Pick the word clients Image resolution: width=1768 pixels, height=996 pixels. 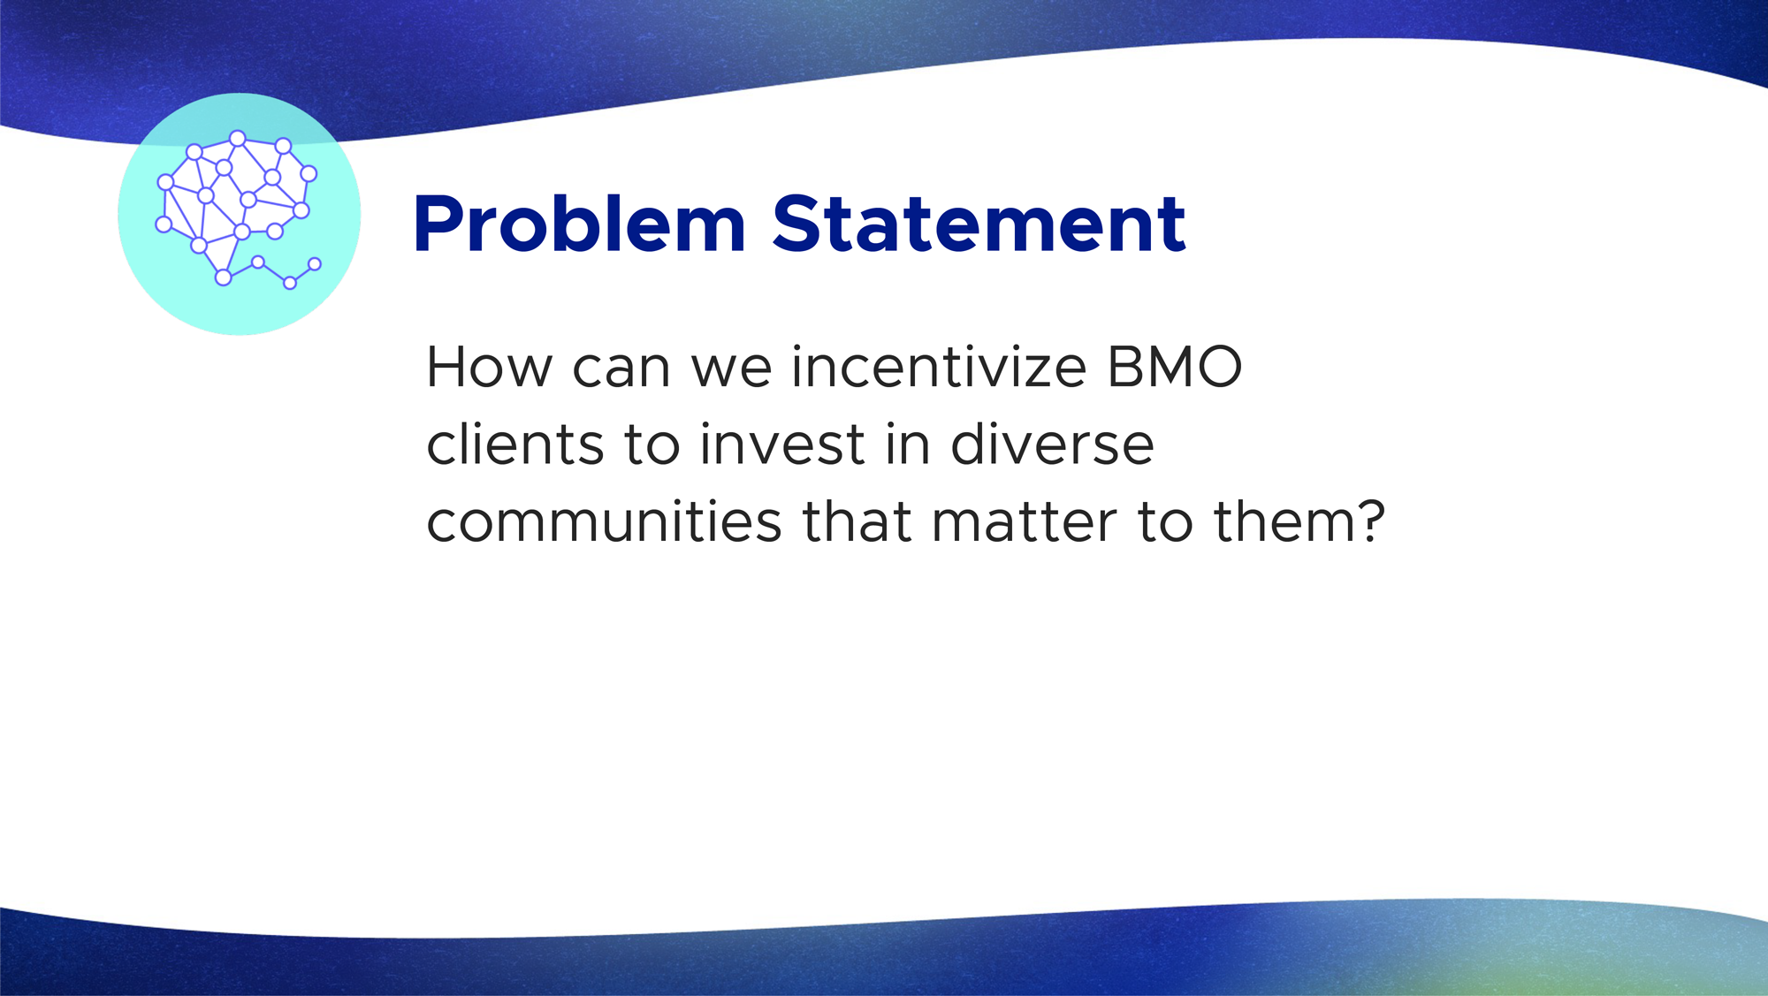(516, 444)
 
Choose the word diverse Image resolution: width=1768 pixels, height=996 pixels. (1052, 444)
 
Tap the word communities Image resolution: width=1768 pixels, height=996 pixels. (605, 521)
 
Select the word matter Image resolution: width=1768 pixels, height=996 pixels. (1024, 521)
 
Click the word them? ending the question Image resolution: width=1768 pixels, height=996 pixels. (1299, 521)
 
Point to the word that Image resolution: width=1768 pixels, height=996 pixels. (857, 521)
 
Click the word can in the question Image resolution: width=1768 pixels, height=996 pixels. (621, 368)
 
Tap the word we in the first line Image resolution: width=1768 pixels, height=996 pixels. (732, 368)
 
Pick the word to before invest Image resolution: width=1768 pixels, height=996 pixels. (652, 445)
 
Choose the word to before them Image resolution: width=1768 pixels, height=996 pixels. (1165, 522)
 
